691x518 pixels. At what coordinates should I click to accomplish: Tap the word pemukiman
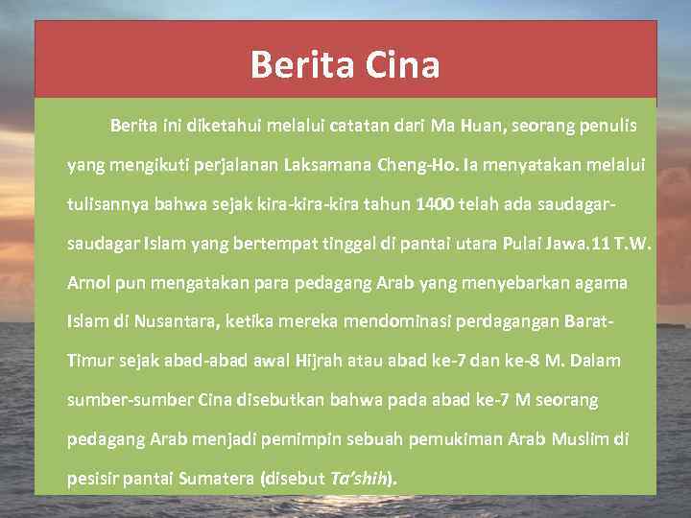[455, 439]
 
